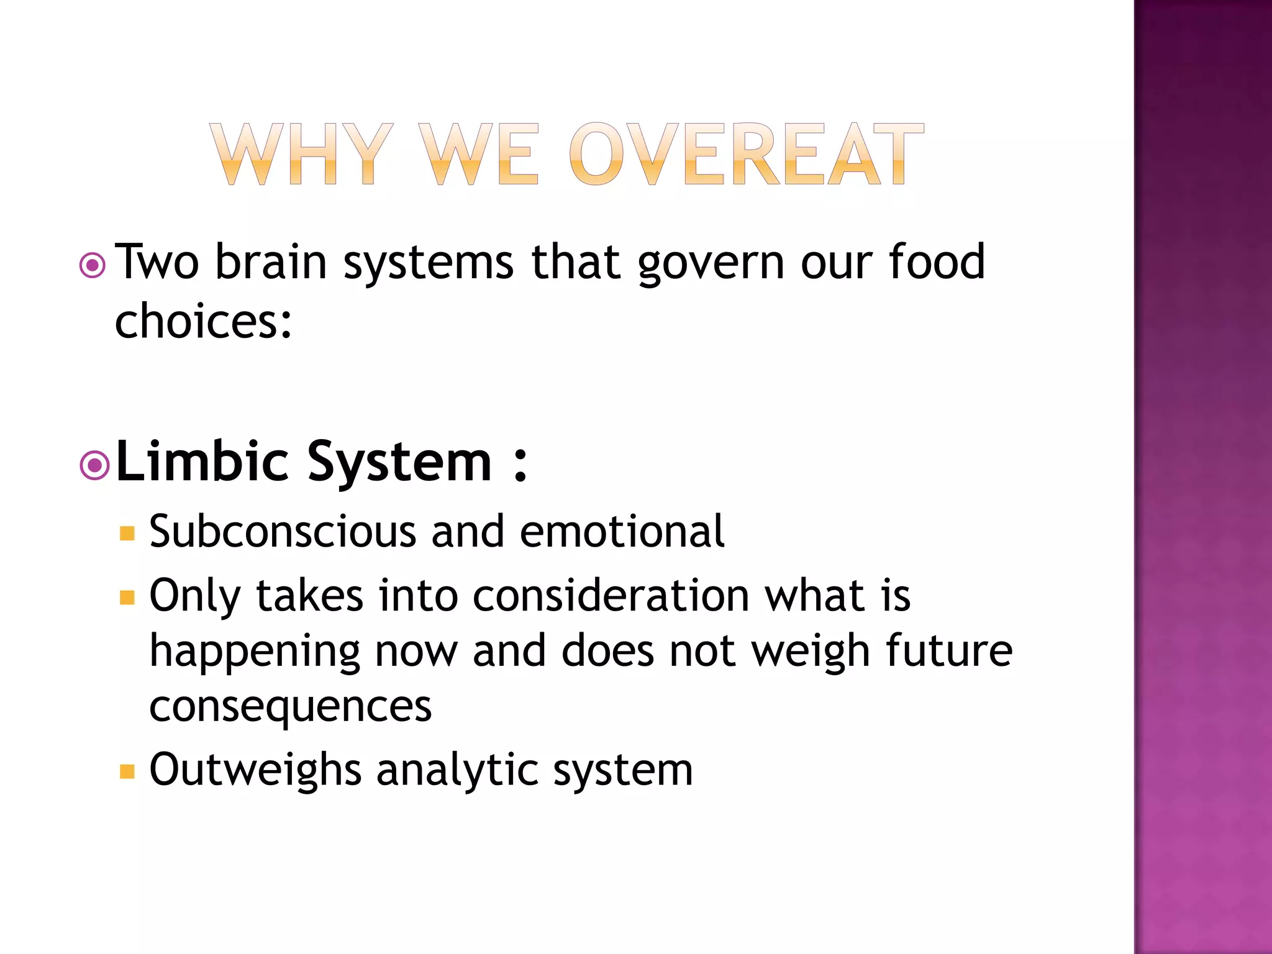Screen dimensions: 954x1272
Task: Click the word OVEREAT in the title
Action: (746, 155)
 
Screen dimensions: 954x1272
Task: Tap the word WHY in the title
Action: (302, 155)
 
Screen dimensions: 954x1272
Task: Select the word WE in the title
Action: (478, 155)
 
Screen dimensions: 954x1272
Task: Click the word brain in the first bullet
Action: (271, 261)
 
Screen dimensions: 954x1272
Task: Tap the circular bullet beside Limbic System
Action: (94, 465)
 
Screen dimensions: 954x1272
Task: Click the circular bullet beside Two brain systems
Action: (93, 266)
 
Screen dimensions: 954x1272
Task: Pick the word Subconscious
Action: (283, 532)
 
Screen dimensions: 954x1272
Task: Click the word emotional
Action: (622, 532)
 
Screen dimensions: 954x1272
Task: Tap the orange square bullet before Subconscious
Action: (127, 534)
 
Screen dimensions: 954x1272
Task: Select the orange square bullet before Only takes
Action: (127, 597)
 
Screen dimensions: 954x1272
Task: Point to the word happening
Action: (255, 652)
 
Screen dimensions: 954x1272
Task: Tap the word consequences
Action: (290, 706)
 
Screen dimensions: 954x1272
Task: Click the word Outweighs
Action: (255, 770)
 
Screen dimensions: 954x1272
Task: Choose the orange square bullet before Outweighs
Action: (127, 771)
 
